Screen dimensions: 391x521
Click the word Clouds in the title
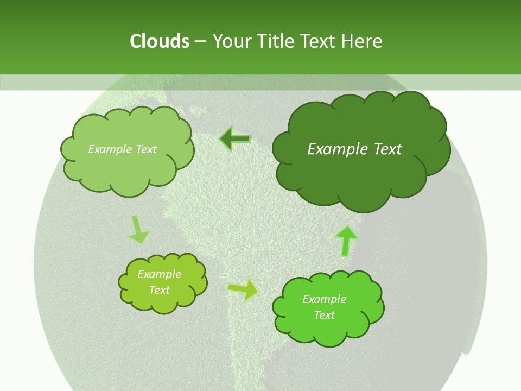tap(160, 41)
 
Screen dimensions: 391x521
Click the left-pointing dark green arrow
tap(234, 140)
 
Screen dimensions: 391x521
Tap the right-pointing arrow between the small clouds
tap(243, 289)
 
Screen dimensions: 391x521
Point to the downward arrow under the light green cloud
tap(138, 230)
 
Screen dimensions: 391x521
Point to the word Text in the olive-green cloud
tap(160, 290)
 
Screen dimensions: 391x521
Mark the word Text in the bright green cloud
tap(325, 315)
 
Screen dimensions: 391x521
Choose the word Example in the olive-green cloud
tap(160, 274)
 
